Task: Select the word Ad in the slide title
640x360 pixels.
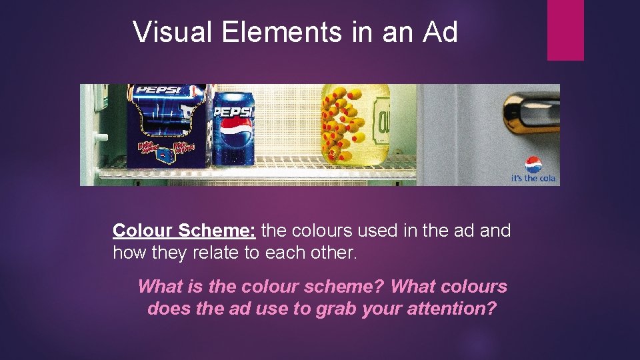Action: point(440,31)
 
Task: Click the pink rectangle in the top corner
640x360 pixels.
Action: point(565,30)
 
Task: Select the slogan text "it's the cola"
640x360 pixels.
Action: point(533,179)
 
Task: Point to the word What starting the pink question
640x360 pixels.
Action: point(160,287)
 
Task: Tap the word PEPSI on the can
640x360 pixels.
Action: point(233,111)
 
